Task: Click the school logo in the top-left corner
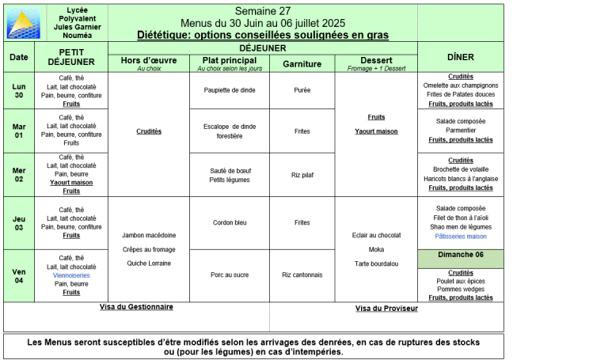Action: [23, 22]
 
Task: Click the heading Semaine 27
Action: [262, 10]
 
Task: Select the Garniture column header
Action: [302, 61]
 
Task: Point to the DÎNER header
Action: [461, 57]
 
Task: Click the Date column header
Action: [19, 57]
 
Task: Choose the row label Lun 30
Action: [19, 91]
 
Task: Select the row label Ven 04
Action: [19, 275]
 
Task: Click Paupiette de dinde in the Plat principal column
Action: [229, 90]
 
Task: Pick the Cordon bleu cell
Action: [229, 222]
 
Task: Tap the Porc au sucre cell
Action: [229, 275]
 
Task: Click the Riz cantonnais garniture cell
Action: [302, 275]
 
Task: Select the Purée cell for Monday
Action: [302, 90]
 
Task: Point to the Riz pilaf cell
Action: [302, 174]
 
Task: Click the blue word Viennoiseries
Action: [71, 275]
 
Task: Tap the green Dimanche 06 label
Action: [461, 255]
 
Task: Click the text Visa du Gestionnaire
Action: [136, 307]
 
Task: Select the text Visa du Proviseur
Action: [386, 309]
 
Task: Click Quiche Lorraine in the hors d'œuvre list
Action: [149, 263]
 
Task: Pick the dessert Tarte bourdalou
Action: [376, 263]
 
